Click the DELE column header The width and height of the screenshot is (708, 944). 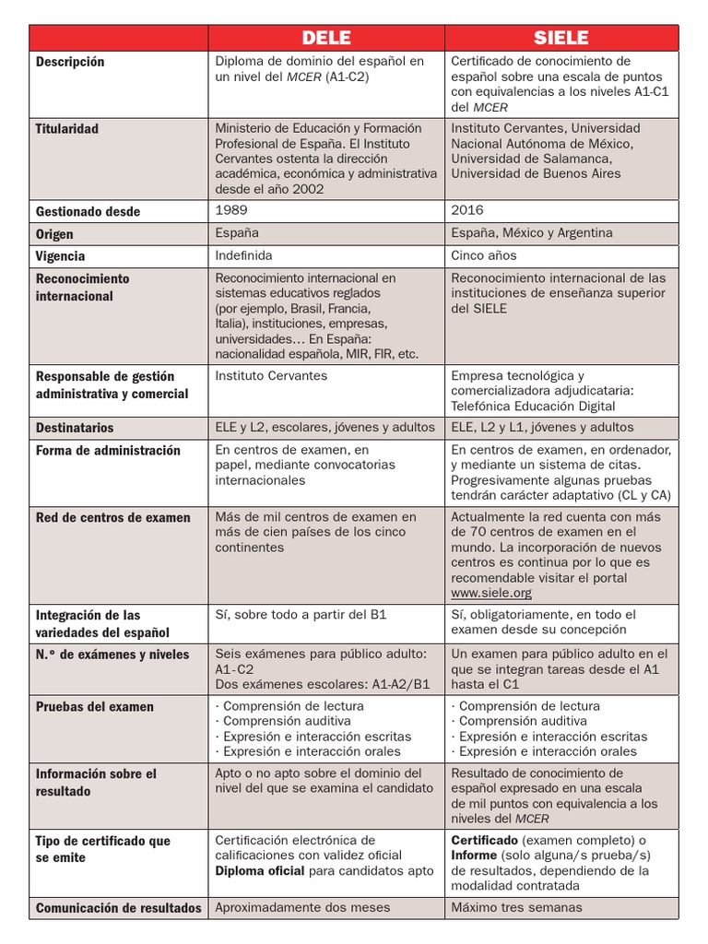[x=326, y=38]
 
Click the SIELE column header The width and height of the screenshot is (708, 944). [x=561, y=38]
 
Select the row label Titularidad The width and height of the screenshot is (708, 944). [x=67, y=129]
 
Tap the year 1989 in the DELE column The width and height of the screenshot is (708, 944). [x=231, y=210]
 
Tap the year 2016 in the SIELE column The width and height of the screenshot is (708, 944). [x=467, y=210]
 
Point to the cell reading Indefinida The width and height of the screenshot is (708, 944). [x=243, y=255]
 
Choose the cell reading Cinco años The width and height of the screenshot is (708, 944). [x=484, y=255]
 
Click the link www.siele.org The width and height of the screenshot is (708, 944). [x=491, y=593]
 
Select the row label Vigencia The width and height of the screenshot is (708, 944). [x=60, y=256]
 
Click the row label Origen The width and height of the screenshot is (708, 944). [x=55, y=234]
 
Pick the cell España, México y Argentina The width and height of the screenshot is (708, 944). [x=532, y=233]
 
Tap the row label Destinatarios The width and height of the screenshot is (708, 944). [x=75, y=428]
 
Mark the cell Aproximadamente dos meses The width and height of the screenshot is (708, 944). [x=302, y=907]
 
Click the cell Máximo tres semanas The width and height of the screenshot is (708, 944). [x=516, y=907]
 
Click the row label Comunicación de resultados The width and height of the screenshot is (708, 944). [x=118, y=908]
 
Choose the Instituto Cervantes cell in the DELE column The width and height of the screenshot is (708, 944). [x=271, y=376]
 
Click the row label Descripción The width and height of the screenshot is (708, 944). [x=70, y=62]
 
